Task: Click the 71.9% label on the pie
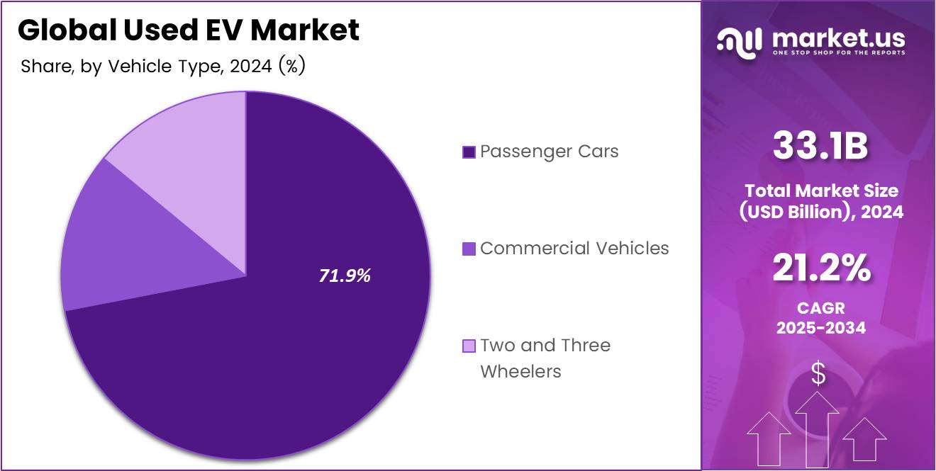coord(345,276)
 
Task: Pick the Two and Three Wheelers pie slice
coord(191,142)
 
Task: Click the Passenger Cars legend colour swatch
coord(469,152)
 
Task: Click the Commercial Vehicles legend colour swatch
coord(469,249)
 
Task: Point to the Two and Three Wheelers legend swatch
coord(469,346)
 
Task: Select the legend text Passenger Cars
coord(549,152)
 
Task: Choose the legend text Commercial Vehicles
coord(574,248)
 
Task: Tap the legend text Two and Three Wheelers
coord(545,358)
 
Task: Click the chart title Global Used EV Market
coord(189,30)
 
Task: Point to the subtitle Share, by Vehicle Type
coord(163,67)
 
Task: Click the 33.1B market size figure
coord(820,147)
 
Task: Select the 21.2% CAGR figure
coord(820,269)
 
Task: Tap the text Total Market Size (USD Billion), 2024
coord(820,200)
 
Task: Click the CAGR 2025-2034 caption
coord(820,319)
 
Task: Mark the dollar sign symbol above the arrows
coord(818,373)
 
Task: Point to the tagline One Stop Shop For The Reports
coord(838,53)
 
